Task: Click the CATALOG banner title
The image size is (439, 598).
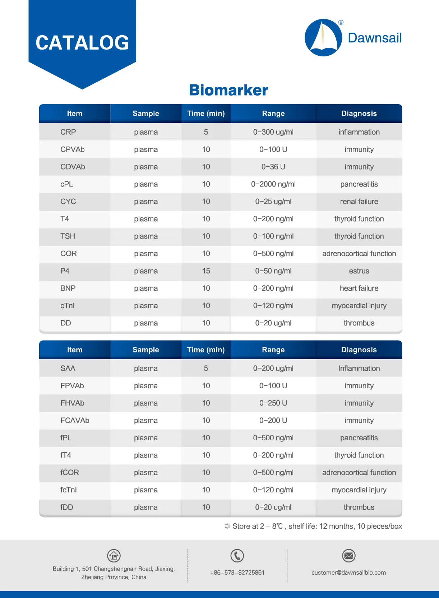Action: [82, 43]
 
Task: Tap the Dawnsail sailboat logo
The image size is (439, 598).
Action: [323, 38]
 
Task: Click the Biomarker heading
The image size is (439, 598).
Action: [228, 90]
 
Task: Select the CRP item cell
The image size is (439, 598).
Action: [68, 132]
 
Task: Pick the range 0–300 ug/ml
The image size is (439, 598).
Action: [273, 132]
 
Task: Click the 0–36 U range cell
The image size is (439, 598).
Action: [273, 167]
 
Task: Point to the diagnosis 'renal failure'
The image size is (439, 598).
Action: [359, 201]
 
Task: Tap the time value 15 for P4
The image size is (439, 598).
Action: [206, 271]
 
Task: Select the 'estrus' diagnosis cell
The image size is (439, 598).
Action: [359, 271]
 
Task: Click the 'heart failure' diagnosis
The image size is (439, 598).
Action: [359, 288]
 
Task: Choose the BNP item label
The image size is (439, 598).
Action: [68, 288]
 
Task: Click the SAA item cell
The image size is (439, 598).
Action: [68, 368]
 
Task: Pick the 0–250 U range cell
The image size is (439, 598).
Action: [273, 403]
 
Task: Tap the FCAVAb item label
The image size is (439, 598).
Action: [75, 420]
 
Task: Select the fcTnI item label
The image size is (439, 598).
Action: [69, 490]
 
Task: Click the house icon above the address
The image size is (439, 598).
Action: [114, 556]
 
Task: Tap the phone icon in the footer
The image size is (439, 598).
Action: [237, 556]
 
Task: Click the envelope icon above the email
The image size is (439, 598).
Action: [348, 556]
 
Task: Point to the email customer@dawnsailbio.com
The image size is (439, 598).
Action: [348, 572]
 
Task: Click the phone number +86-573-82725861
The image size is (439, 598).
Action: [237, 572]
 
